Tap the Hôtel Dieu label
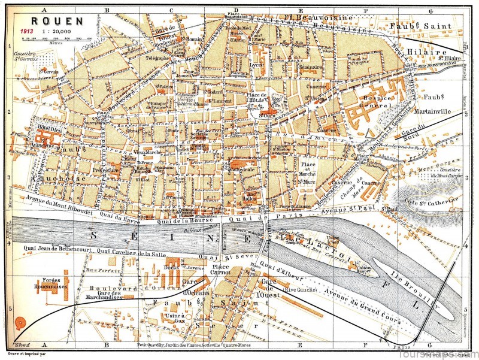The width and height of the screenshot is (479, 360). coord(41,129)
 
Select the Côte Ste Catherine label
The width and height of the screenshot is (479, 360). coord(431,207)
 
